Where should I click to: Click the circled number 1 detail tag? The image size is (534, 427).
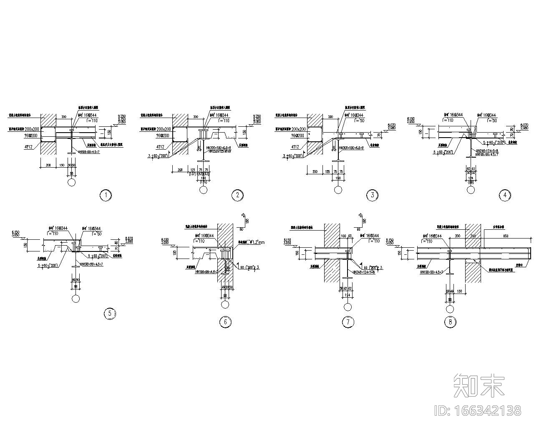click(106, 195)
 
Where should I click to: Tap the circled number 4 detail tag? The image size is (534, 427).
click(505, 195)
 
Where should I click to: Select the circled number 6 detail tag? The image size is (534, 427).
click(225, 322)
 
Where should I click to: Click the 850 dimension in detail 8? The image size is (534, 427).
click(506, 236)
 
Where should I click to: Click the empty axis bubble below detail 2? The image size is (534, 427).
click(204, 190)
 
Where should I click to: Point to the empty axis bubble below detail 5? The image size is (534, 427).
click(76, 298)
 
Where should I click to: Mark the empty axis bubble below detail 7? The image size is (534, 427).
click(348, 307)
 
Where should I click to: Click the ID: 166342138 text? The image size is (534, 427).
click(478, 411)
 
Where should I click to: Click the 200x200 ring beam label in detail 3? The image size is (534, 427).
click(298, 130)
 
